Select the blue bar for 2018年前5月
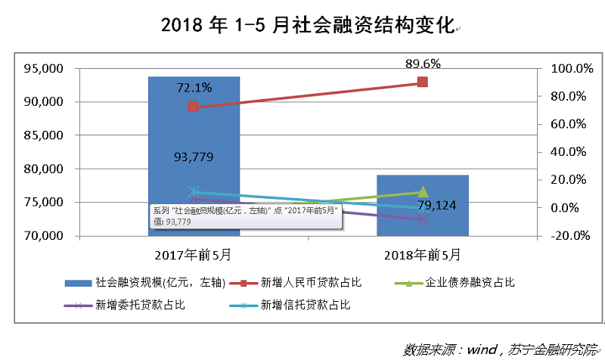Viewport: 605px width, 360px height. (423, 219)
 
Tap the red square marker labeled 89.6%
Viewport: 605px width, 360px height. (423, 82)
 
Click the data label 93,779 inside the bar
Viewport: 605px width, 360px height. (193, 157)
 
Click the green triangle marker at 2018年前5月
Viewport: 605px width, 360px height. (423, 192)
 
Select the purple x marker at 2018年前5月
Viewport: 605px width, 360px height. (423, 219)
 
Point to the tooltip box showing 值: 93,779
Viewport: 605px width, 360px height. (246, 216)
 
